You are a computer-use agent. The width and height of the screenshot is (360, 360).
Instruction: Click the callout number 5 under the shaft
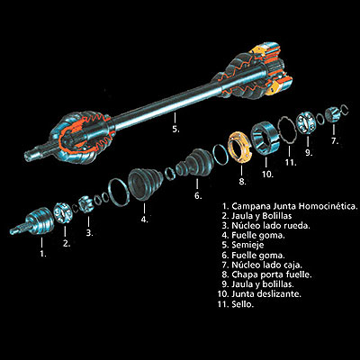pyautogui.click(x=175, y=130)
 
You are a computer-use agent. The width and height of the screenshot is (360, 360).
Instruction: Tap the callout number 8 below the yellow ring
pyautogui.click(x=242, y=182)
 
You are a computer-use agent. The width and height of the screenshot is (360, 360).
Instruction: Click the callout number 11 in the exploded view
pyautogui.click(x=291, y=163)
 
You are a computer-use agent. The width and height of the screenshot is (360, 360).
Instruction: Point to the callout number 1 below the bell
pyautogui.click(x=43, y=254)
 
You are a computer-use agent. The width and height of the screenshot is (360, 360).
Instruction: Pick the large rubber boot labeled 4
pyautogui.click(x=146, y=184)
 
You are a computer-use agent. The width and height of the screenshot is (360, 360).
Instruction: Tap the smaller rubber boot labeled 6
pyautogui.click(x=195, y=163)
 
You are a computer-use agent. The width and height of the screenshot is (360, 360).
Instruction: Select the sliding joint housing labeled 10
pyautogui.click(x=265, y=138)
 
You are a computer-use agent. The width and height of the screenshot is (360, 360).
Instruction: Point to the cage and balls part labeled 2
pyautogui.click(x=63, y=213)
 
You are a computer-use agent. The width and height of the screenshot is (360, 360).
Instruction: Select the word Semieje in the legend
pyautogui.click(x=247, y=245)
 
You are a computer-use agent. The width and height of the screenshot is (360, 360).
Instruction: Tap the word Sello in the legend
pyautogui.click(x=243, y=304)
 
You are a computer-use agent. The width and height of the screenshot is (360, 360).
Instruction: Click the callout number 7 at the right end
pyautogui.click(x=335, y=141)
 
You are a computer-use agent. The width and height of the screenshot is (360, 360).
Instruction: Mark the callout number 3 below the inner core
pyautogui.click(x=89, y=233)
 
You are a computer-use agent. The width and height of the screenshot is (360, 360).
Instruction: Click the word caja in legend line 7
pyautogui.click(x=292, y=265)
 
